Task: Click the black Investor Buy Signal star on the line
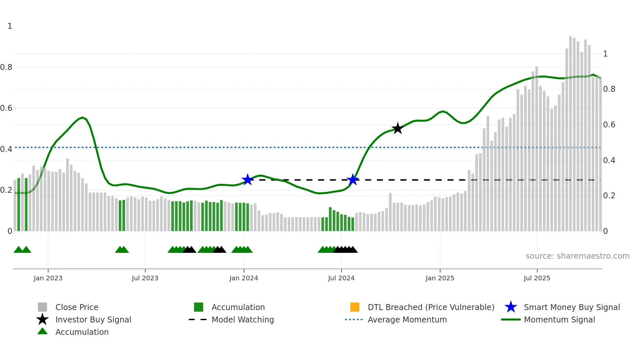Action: pos(397,128)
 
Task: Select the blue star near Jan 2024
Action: pos(248,179)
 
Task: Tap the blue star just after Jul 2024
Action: pos(353,180)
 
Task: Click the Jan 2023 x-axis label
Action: pos(48,278)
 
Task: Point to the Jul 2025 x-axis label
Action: pos(537,278)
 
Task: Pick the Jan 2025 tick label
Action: pos(440,278)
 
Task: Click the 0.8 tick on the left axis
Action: pos(6,67)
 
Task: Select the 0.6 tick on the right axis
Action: pos(609,125)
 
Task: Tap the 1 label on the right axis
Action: pos(605,54)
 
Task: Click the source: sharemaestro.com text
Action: pos(577,256)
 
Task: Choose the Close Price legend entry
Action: pos(77,307)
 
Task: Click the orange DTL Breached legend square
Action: pos(355,307)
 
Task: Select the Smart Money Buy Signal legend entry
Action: pos(571,307)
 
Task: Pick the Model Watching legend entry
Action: pos(243,319)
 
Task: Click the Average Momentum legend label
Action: pos(407,319)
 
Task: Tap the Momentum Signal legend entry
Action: pos(559,319)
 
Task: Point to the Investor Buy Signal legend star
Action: pos(42,319)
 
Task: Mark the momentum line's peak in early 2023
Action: pos(83,117)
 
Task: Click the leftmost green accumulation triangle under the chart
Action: pos(19,250)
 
